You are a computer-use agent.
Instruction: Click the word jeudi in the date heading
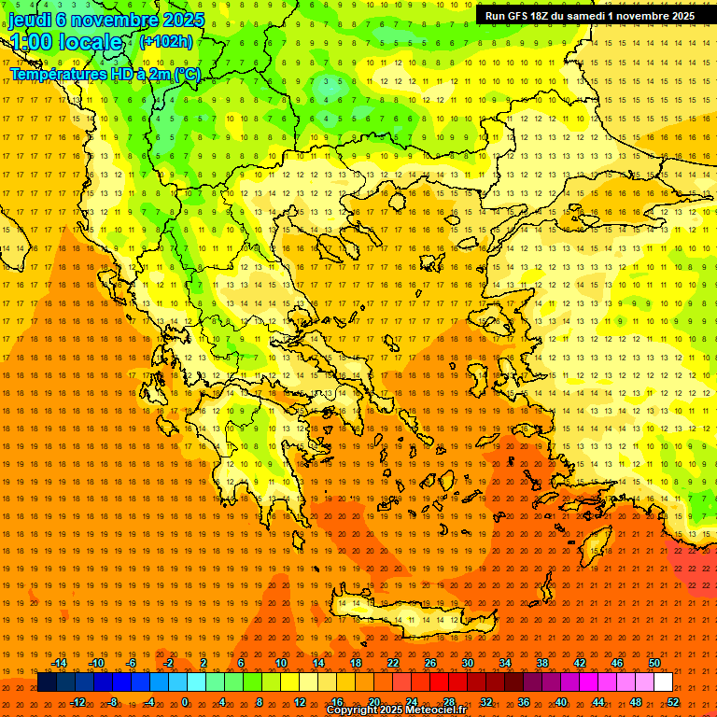click(30, 20)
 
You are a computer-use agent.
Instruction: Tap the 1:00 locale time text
click(65, 43)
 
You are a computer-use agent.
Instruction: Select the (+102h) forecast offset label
click(165, 41)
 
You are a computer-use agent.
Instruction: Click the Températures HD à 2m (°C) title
click(105, 74)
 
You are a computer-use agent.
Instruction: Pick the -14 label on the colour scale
click(60, 663)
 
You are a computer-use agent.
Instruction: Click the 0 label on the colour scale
click(185, 702)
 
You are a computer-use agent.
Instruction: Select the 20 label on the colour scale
click(373, 702)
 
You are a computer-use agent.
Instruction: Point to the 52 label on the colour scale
click(673, 702)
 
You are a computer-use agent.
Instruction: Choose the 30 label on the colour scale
click(467, 663)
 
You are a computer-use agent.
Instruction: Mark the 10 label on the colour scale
click(280, 663)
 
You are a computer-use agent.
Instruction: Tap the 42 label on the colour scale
click(579, 663)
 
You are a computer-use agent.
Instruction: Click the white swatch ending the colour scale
click(663, 682)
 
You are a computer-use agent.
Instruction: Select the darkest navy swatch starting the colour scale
click(47, 682)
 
